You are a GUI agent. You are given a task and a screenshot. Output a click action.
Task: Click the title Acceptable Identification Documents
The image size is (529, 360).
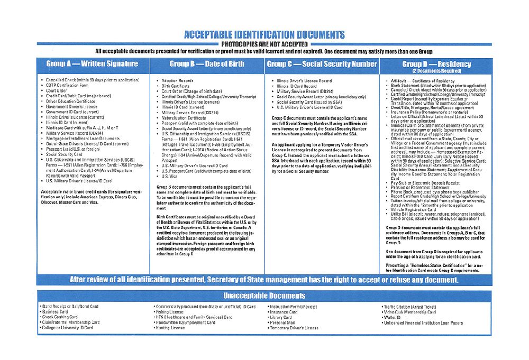[264, 35]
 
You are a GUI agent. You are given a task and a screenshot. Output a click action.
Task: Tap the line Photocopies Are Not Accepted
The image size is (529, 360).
[264, 44]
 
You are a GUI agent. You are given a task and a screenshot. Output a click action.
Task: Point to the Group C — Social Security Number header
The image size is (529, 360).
[322, 64]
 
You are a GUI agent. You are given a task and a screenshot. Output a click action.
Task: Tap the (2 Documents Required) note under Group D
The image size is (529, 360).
[436, 70]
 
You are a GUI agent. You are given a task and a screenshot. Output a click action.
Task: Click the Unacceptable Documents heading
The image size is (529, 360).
[264, 296]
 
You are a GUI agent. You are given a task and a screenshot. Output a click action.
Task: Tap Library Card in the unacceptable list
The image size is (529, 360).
[282, 317]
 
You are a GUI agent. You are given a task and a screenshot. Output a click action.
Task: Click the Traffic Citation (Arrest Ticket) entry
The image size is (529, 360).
[411, 307]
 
